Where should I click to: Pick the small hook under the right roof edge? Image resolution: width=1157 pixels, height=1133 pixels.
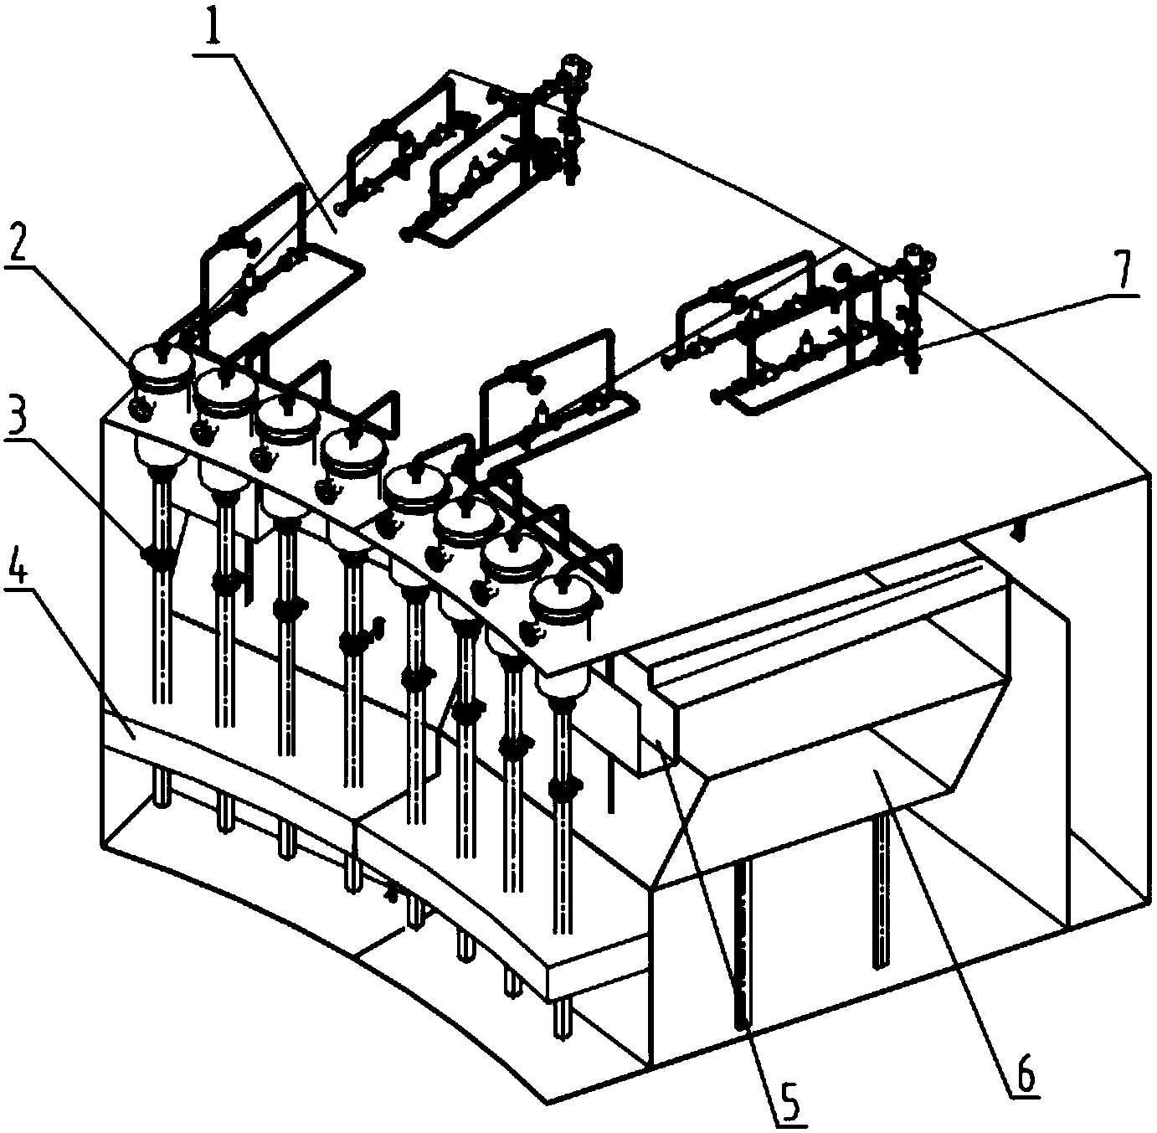coord(1019,528)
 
